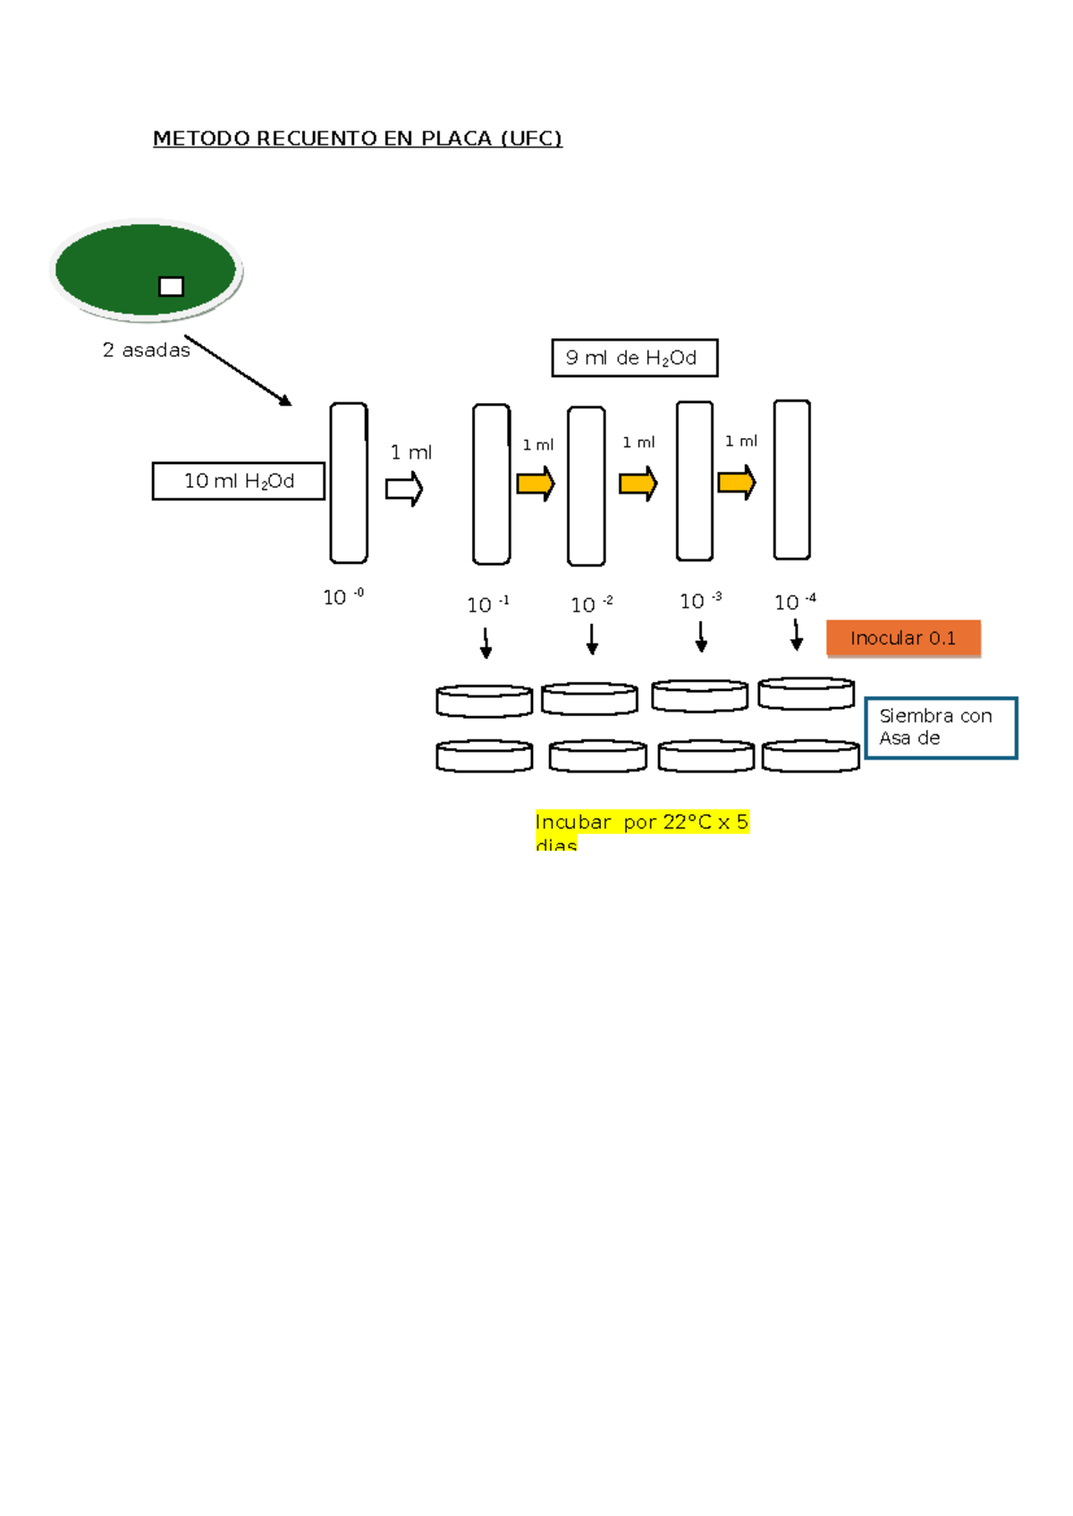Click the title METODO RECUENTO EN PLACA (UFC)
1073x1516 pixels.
click(358, 139)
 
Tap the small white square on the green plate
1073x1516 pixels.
click(171, 286)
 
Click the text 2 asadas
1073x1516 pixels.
click(146, 350)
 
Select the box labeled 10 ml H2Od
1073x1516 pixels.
click(239, 481)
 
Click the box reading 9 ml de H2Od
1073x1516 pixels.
click(634, 358)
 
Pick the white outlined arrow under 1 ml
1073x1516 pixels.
click(404, 489)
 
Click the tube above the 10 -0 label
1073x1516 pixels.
click(349, 483)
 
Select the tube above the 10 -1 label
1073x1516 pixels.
click(492, 484)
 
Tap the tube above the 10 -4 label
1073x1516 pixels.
click(792, 480)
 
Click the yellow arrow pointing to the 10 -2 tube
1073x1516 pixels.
click(536, 484)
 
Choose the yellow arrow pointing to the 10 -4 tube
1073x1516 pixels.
click(737, 483)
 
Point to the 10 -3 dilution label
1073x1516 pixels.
click(700, 601)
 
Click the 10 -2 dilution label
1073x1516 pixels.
click(591, 605)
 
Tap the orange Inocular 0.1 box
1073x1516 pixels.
click(903, 638)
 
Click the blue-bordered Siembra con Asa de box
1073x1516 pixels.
click(941, 728)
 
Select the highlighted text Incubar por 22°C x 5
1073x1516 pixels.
click(642, 822)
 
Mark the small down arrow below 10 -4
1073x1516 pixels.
click(796, 636)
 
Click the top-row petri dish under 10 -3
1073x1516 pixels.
click(700, 695)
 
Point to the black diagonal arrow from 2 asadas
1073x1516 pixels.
click(238, 370)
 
